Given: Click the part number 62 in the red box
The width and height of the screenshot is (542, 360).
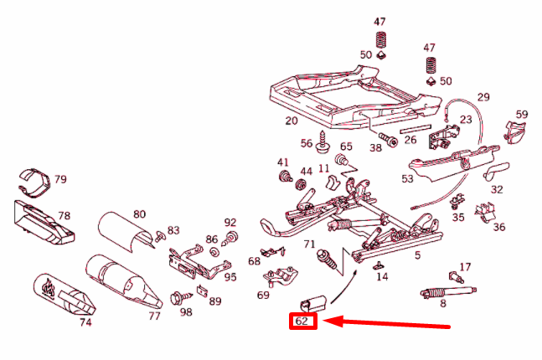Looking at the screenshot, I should [302, 321].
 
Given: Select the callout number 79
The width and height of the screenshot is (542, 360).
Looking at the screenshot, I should [60, 180].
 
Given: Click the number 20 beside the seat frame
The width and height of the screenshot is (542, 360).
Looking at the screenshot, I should [292, 121].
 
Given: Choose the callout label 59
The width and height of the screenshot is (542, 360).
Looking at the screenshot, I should [522, 115].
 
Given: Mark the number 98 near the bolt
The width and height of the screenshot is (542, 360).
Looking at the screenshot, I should [186, 312].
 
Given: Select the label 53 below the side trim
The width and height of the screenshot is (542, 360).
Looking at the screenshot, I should [407, 178].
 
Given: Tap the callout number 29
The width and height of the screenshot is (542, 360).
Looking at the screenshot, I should [483, 98].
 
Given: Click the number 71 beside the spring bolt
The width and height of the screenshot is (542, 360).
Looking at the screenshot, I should [309, 244].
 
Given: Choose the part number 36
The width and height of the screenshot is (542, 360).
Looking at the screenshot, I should [499, 227].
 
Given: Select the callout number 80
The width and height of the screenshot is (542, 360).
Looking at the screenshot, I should [139, 215].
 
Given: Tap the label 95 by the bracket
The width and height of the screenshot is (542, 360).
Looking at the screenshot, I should [230, 277].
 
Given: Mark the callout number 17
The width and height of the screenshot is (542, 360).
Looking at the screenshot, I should [465, 267].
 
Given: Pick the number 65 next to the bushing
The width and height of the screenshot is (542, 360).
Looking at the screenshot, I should [346, 147].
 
